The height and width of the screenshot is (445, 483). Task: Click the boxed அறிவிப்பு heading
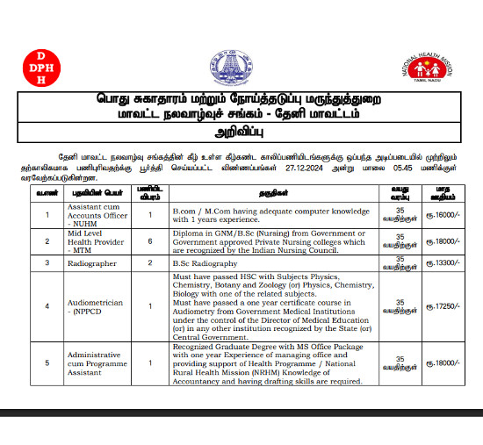tap(241, 133)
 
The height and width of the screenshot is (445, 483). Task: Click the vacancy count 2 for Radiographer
tap(150, 262)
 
